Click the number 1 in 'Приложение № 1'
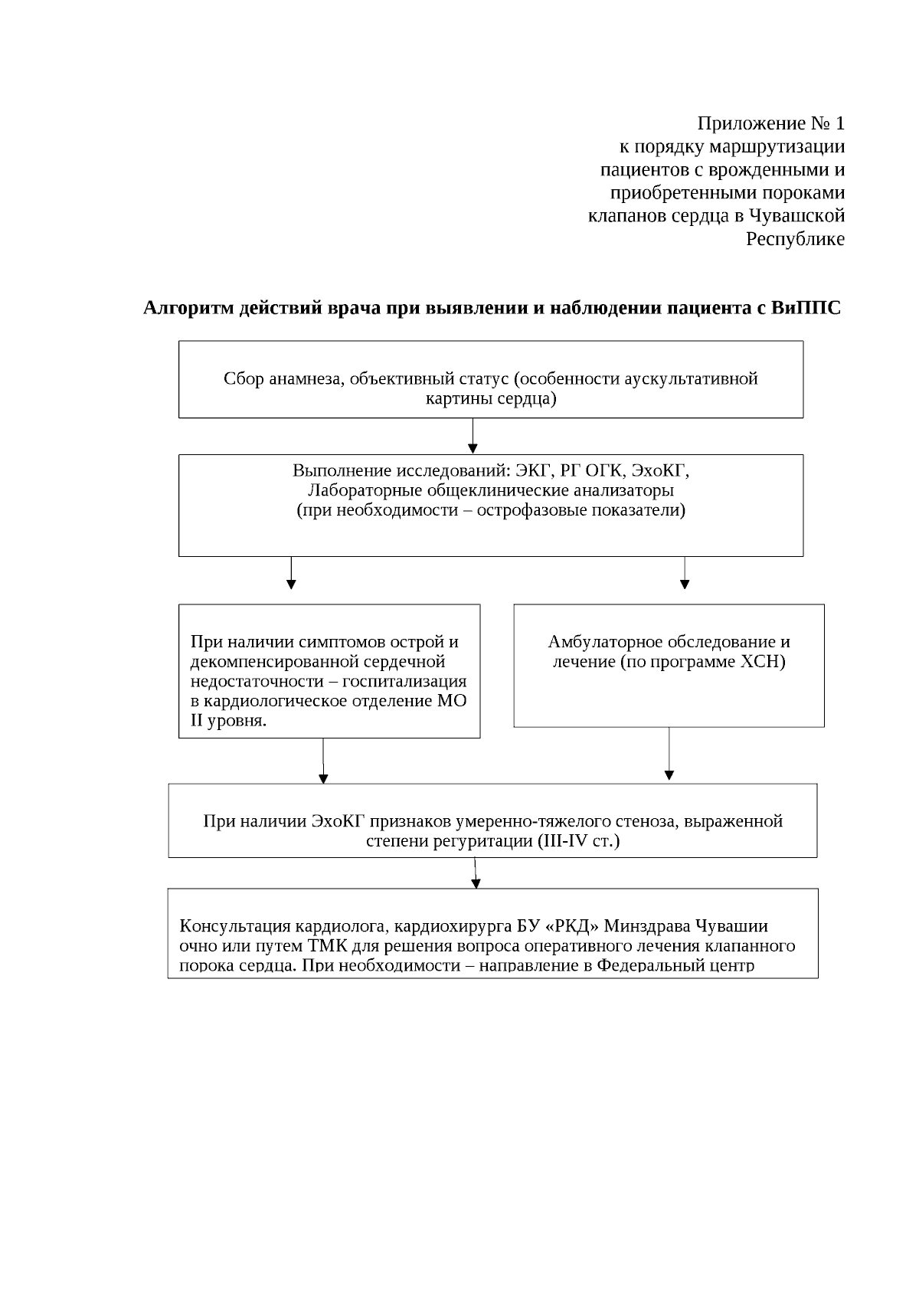point(840,123)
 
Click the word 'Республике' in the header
point(795,239)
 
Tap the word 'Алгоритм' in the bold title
point(188,308)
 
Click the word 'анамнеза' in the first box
point(306,378)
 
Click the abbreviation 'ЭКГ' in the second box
point(533,470)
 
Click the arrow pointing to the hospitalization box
point(291,574)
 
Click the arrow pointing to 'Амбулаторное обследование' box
point(685,574)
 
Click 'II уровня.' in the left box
point(228,721)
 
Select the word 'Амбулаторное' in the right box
point(608,642)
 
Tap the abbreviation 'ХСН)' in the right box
point(767,662)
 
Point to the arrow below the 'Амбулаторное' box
point(669,754)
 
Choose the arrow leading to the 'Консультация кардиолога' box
point(476,873)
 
